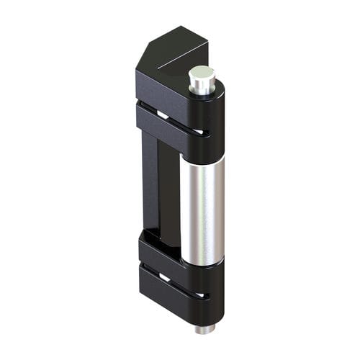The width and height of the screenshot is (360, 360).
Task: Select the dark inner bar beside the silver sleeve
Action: coord(170,194)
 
